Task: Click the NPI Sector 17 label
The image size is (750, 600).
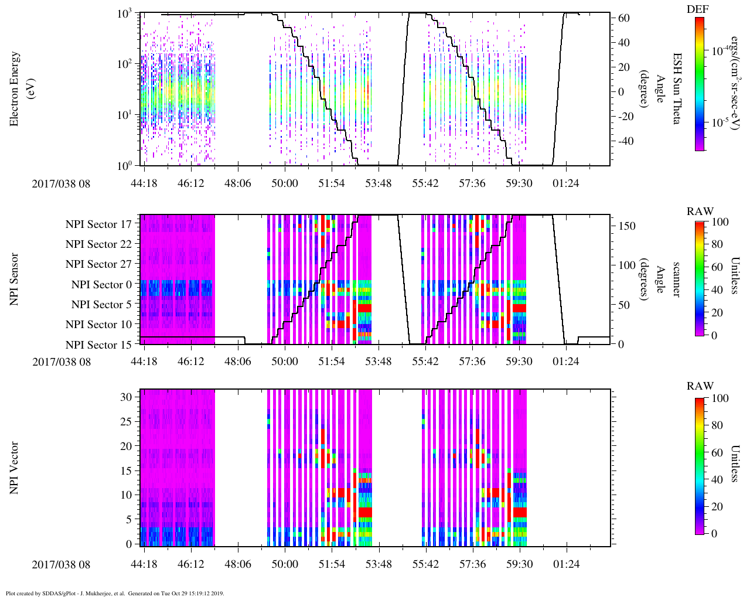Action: pos(98,224)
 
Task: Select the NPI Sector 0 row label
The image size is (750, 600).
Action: pos(101,285)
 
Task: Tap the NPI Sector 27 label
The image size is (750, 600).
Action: pos(98,264)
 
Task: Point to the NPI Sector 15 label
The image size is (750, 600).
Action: pos(98,345)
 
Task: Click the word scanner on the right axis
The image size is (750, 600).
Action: pos(676,279)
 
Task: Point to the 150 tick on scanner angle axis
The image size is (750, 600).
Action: pos(628,226)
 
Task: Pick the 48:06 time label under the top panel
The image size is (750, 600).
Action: pos(237,183)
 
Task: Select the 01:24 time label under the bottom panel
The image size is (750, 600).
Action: pos(565,564)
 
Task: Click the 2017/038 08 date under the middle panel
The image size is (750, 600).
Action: pos(62,362)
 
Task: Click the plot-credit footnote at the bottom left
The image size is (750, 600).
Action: pos(114,593)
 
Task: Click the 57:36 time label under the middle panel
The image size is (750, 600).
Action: pos(472,362)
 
